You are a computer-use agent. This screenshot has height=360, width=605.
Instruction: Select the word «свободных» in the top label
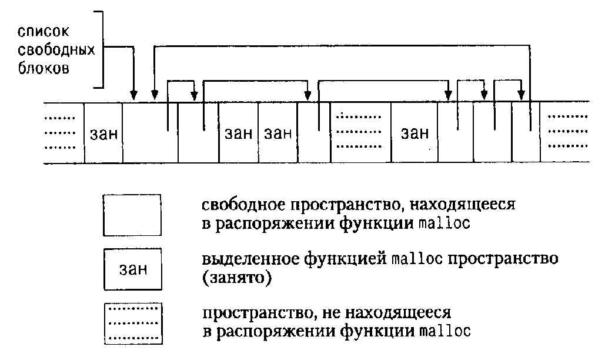(56, 49)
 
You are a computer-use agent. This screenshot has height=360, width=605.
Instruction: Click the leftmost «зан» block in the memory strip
(103, 134)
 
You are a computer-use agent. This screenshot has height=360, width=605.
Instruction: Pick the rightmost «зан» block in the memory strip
(415, 134)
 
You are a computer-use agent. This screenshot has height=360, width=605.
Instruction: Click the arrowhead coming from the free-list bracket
(133, 95)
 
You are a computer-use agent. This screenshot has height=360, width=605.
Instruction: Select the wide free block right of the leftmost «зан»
(150, 134)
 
